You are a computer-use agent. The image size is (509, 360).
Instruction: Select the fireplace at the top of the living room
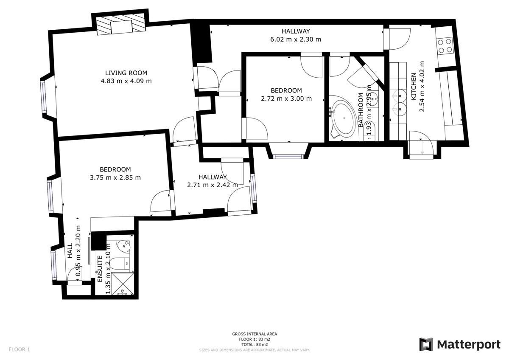click(x=120, y=27)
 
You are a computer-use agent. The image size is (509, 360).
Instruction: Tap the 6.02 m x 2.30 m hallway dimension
click(x=296, y=39)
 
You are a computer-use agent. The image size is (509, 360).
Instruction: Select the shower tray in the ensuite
click(x=121, y=283)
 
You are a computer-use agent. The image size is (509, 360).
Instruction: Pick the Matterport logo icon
click(x=426, y=344)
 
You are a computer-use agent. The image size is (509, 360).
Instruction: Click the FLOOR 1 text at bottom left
click(x=20, y=350)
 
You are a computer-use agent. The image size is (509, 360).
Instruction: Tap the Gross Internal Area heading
click(x=255, y=334)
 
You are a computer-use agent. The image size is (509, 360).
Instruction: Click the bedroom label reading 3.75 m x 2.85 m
click(x=115, y=178)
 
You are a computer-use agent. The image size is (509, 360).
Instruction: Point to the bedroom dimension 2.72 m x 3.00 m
click(x=286, y=98)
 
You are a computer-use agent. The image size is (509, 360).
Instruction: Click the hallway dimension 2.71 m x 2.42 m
click(x=213, y=185)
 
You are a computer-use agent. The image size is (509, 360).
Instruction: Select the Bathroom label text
click(x=361, y=110)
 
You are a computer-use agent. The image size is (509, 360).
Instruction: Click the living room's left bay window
click(x=44, y=96)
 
